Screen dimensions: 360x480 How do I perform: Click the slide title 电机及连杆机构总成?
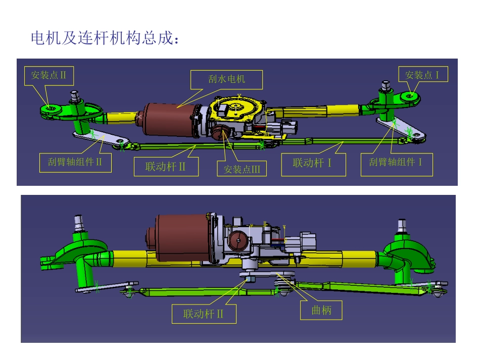pyautogui.click(x=104, y=38)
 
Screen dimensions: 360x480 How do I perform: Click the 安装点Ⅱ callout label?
pyautogui.click(x=49, y=75)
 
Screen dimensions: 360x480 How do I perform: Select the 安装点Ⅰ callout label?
pyautogui.click(x=422, y=75)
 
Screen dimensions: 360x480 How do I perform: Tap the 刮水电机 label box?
pyautogui.click(x=226, y=79)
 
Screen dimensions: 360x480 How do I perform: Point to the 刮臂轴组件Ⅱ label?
pyautogui.click(x=75, y=163)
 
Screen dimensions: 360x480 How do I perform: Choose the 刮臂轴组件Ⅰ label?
pyautogui.click(x=396, y=163)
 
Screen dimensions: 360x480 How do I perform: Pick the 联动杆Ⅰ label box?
pyautogui.click(x=313, y=163)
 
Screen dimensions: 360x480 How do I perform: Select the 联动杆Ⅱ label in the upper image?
pyautogui.click(x=166, y=166)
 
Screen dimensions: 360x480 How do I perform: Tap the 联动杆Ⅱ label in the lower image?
pyautogui.click(x=204, y=314)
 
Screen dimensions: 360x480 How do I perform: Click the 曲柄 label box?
pyautogui.click(x=322, y=310)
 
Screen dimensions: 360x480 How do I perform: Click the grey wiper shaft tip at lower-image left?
pyautogui.click(x=79, y=221)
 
